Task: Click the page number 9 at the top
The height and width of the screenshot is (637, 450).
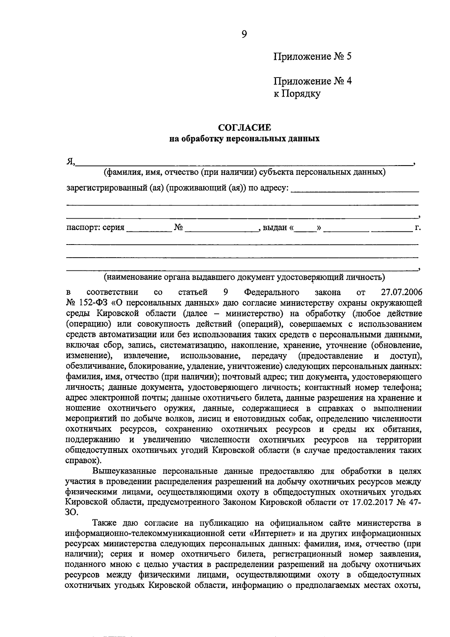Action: click(244, 34)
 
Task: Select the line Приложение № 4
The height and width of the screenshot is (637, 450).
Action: click(312, 81)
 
